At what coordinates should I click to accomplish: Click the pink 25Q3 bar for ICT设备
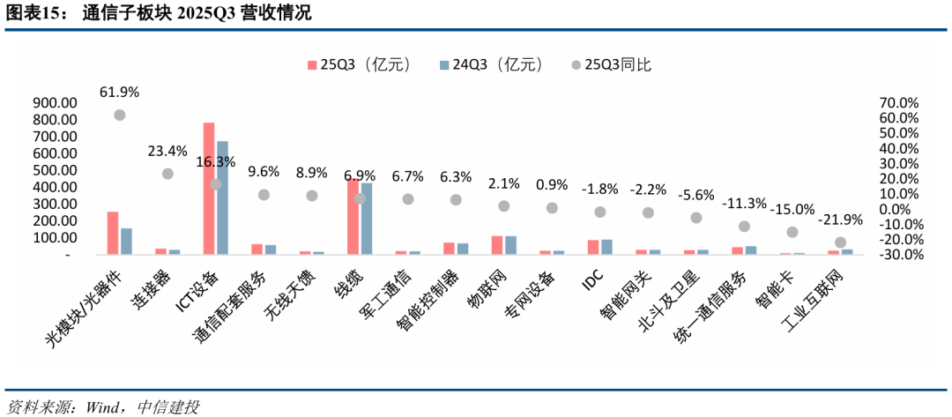pos(209,189)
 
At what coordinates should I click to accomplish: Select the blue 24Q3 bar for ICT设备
pos(222,197)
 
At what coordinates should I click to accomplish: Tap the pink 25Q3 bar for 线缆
pos(353,217)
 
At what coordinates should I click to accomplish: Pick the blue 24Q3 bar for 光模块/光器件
pos(126,242)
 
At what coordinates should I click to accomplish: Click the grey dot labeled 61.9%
pos(119,115)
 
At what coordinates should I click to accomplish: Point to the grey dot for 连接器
pos(167,174)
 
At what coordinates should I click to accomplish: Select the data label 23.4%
pos(167,151)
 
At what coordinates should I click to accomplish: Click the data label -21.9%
pos(841,220)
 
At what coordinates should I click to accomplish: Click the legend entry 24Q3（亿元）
pos(497,64)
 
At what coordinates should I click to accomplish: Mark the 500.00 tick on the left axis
pos(55,170)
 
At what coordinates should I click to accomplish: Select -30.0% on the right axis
pos(898,255)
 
